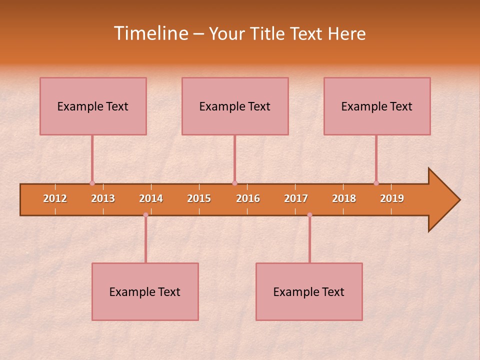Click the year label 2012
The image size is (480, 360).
click(x=55, y=198)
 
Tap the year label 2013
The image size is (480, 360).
click(x=103, y=198)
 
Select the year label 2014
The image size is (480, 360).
click(x=151, y=198)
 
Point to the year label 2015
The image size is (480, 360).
click(x=199, y=198)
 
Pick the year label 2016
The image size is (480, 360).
click(x=248, y=198)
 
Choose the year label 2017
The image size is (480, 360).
click(x=296, y=198)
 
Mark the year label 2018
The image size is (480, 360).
click(x=344, y=198)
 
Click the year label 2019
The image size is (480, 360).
click(x=392, y=198)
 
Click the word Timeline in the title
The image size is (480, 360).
click(x=150, y=33)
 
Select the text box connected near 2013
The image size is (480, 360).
click(x=93, y=106)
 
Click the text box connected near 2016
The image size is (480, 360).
click(x=235, y=106)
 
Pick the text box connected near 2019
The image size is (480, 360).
click(x=377, y=106)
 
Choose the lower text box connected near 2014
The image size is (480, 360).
click(x=145, y=291)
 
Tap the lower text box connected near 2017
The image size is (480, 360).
click(x=309, y=291)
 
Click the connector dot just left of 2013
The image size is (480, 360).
click(x=92, y=183)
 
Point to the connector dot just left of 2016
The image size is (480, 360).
click(x=234, y=183)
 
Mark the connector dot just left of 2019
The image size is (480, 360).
click(x=376, y=183)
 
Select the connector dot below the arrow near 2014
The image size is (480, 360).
click(x=145, y=215)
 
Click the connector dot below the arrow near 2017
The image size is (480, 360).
click(x=309, y=215)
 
